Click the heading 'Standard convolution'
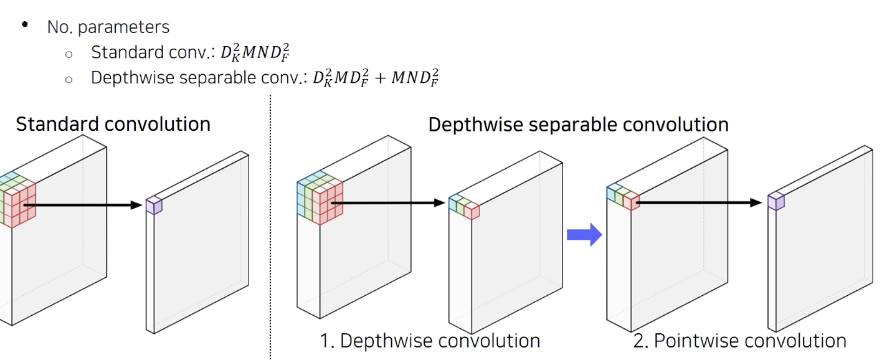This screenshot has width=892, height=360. coord(113,124)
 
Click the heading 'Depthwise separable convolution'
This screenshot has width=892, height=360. coord(578,124)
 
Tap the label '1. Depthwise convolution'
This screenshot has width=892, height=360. coord(430,341)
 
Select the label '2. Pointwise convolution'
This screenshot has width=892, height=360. coord(739,341)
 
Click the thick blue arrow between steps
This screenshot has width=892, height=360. coord(584,235)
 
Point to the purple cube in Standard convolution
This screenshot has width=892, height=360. coord(153,206)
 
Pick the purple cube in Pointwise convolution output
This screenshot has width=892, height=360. coord(776,201)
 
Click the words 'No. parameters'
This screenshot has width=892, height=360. coord(108,27)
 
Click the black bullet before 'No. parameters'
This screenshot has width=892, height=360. coord(25,26)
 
